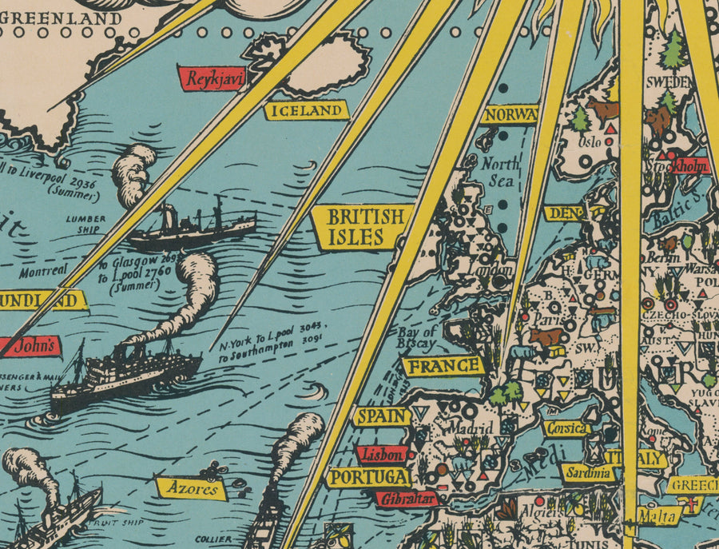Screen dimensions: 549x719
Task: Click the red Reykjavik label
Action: pyautogui.click(x=213, y=78)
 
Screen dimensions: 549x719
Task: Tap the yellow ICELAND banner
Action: pyautogui.click(x=307, y=111)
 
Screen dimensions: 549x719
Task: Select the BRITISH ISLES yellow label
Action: pyautogui.click(x=364, y=227)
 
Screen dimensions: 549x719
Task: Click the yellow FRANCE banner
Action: pyautogui.click(x=443, y=367)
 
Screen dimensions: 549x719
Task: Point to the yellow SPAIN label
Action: pyautogui.click(x=381, y=416)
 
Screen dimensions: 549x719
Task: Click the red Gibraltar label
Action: pyautogui.click(x=407, y=499)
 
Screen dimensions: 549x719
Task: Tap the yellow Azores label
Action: pyautogui.click(x=191, y=487)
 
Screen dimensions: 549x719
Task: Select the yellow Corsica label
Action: pyautogui.click(x=566, y=428)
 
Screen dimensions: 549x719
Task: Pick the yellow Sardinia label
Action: pyautogui.click(x=590, y=473)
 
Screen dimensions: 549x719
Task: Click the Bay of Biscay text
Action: pyautogui.click(x=416, y=337)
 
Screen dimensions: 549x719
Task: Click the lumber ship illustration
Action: pyautogui.click(x=192, y=228)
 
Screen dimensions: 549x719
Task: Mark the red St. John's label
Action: pyautogui.click(x=30, y=347)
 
